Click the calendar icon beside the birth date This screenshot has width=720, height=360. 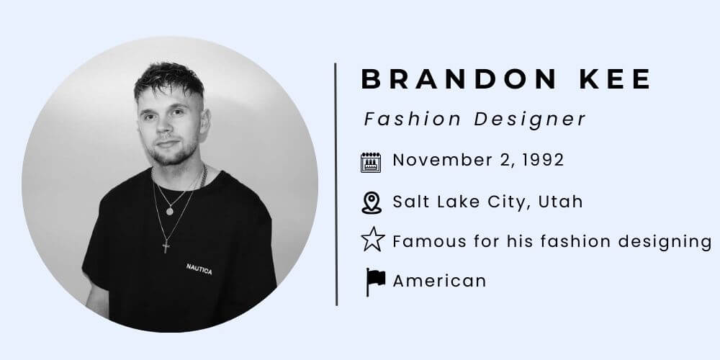[x=371, y=162]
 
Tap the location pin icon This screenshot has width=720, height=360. [x=371, y=202]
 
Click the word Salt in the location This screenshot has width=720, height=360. [x=409, y=202]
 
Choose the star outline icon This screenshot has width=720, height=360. [x=372, y=240]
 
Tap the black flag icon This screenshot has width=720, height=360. [x=374, y=281]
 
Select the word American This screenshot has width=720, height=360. [x=439, y=280]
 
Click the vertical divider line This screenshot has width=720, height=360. [x=336, y=184]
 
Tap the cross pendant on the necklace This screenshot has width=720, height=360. [x=166, y=246]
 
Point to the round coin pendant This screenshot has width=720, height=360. [x=169, y=211]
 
